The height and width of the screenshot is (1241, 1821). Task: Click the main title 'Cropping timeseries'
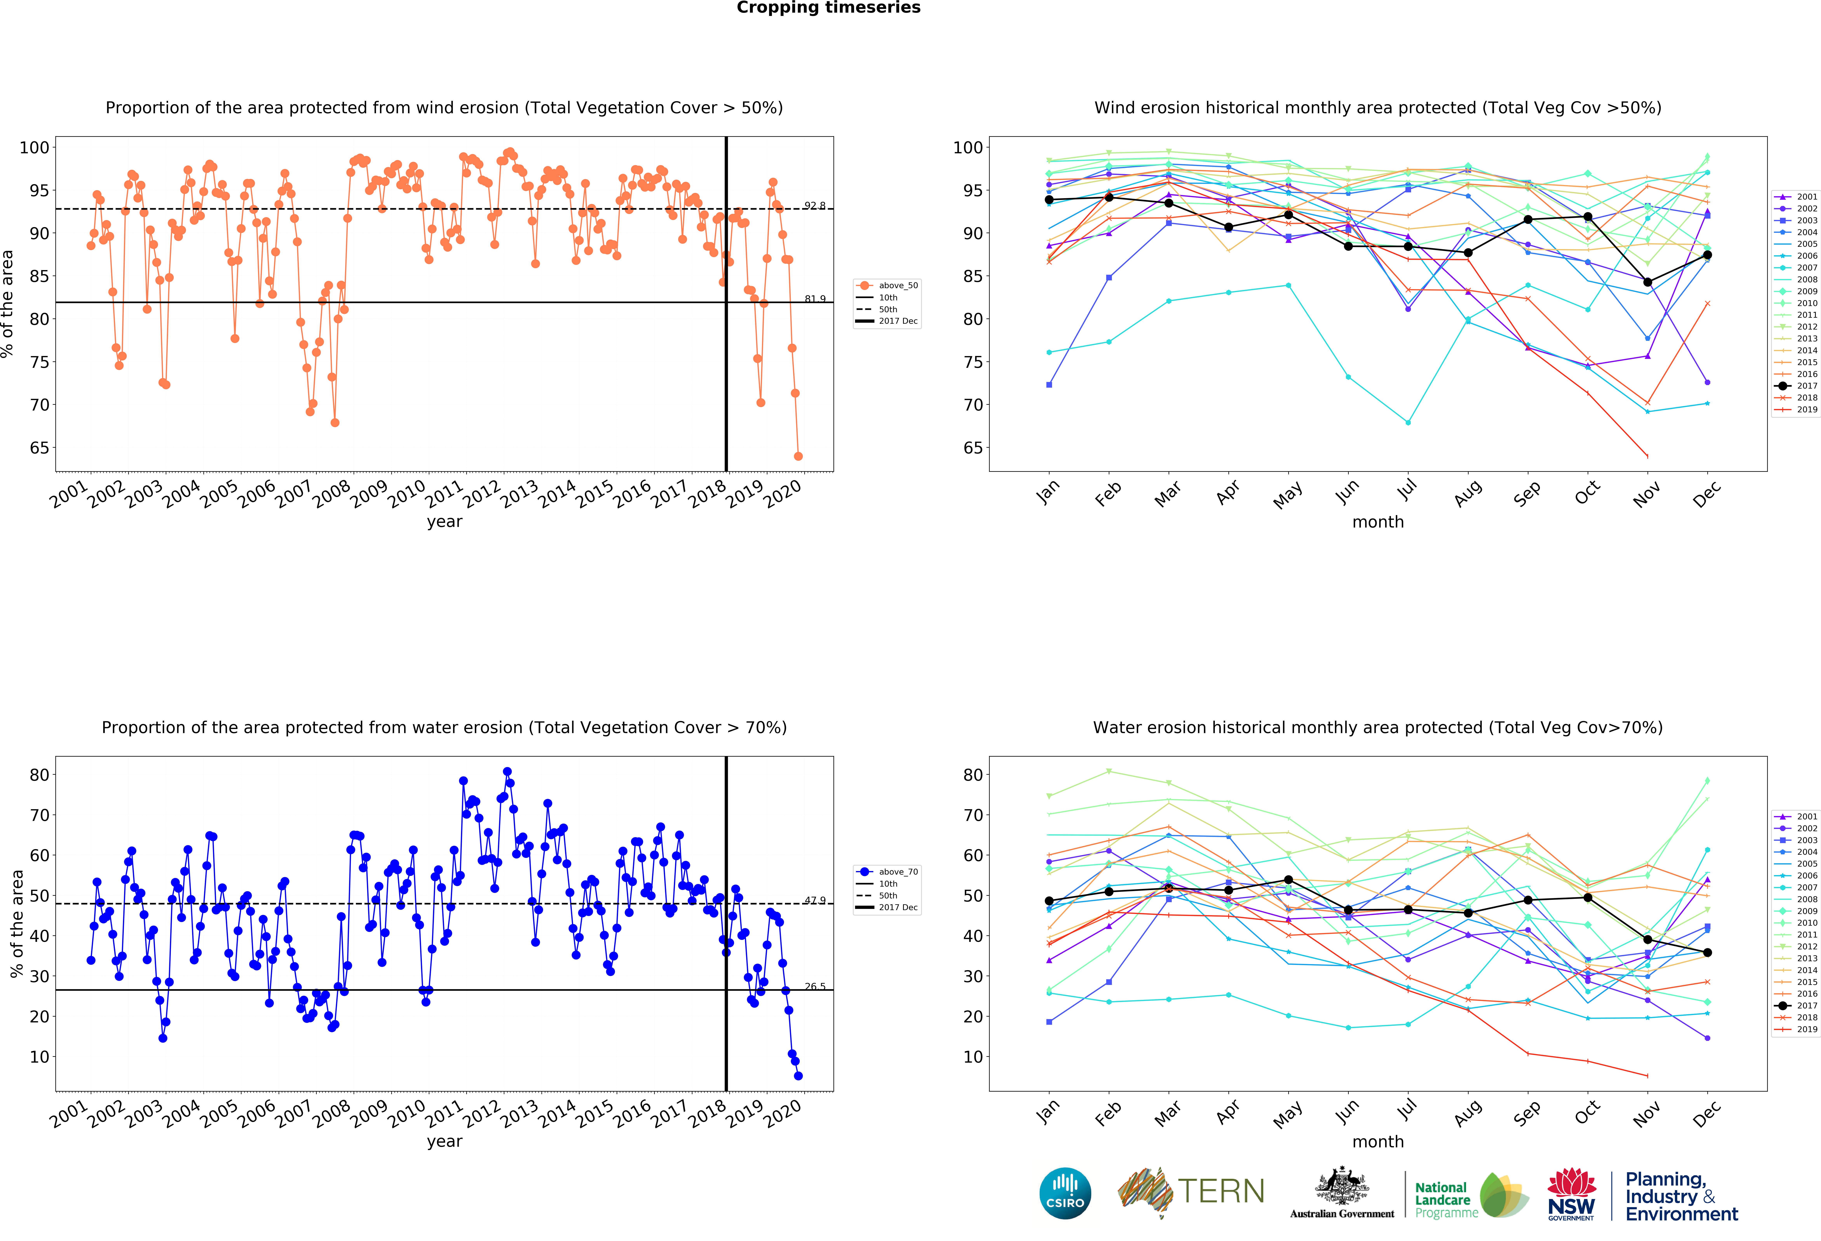828,8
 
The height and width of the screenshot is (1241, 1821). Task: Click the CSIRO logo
1065,1193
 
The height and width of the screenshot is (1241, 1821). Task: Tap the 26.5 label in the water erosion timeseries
814,986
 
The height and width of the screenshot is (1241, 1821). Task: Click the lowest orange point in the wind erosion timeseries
798,456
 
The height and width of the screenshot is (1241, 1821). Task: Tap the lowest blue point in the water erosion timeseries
798,1076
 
